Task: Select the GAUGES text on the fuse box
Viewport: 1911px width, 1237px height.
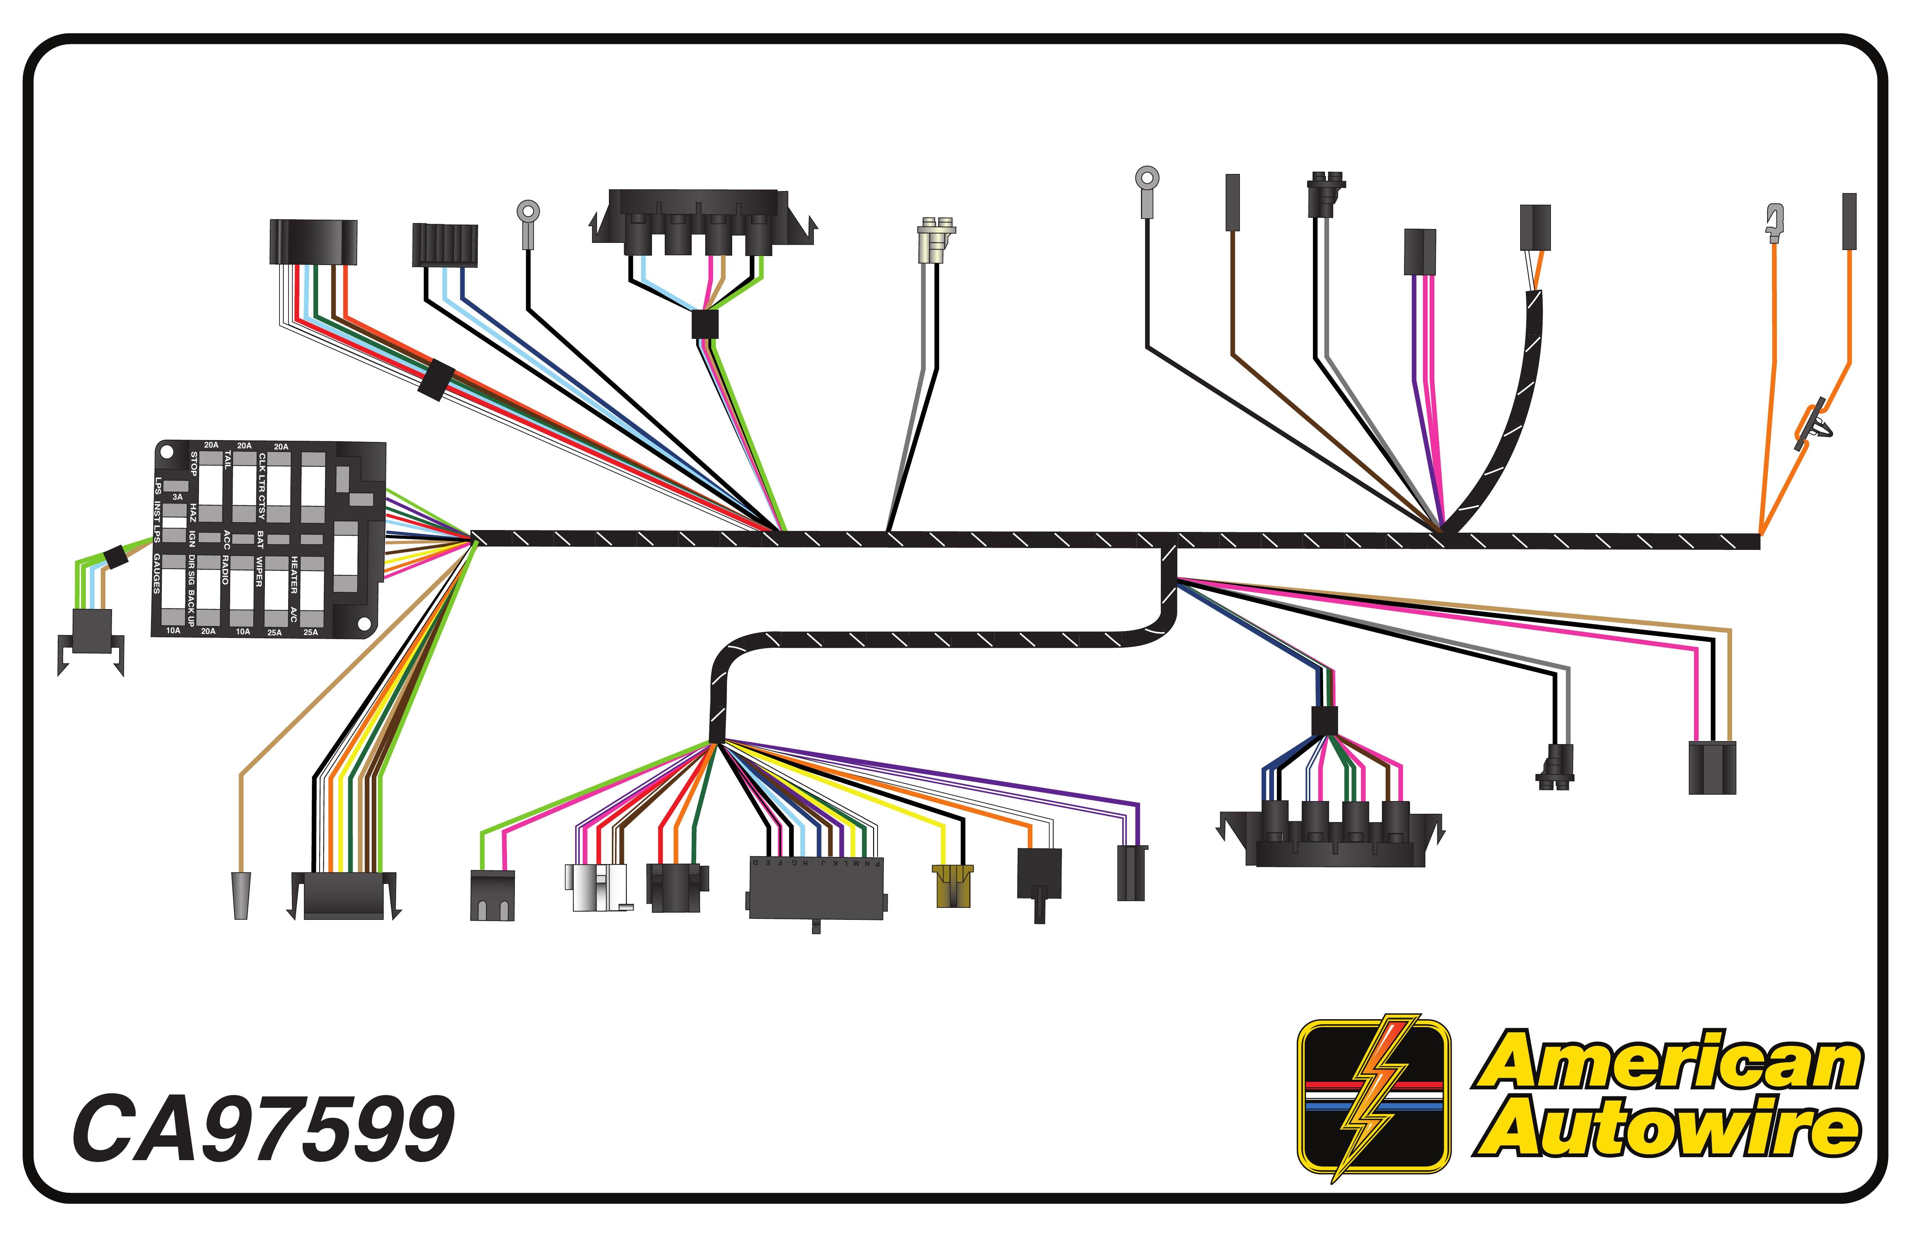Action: click(157, 574)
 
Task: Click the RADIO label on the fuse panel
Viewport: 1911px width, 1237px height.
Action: click(226, 569)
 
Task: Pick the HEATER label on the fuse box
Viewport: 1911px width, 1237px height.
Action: click(294, 575)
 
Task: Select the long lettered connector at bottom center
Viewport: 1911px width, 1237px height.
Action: click(816, 888)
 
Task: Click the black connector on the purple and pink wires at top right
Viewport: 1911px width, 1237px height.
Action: click(1420, 252)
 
